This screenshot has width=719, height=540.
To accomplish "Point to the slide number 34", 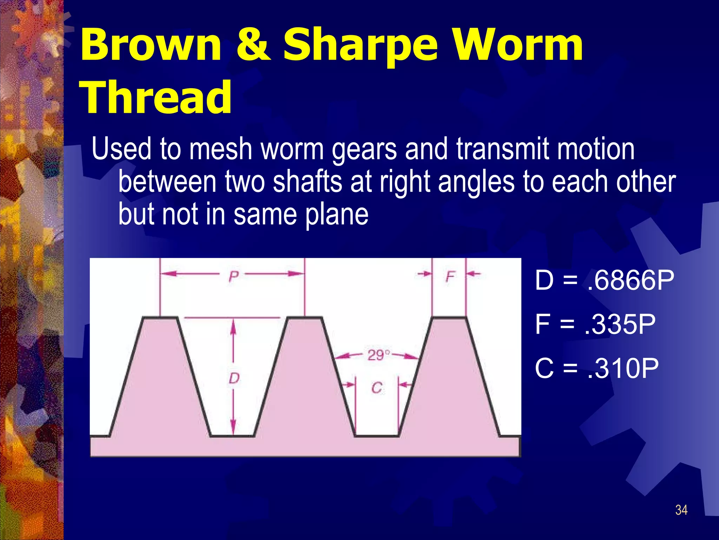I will pyautogui.click(x=681, y=510).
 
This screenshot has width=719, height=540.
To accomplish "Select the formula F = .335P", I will pyautogui.click(x=595, y=324).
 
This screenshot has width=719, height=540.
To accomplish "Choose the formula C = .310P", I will pyautogui.click(x=596, y=368).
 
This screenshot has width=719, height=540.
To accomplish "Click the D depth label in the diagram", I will pyautogui.click(x=234, y=378).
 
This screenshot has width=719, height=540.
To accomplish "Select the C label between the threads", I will pyautogui.click(x=377, y=388).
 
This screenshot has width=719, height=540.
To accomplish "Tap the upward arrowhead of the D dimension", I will pyautogui.click(x=233, y=325).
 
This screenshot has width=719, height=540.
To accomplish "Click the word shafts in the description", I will pyautogui.click(x=308, y=182).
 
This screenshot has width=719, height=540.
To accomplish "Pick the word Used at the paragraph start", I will pyautogui.click(x=121, y=149).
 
